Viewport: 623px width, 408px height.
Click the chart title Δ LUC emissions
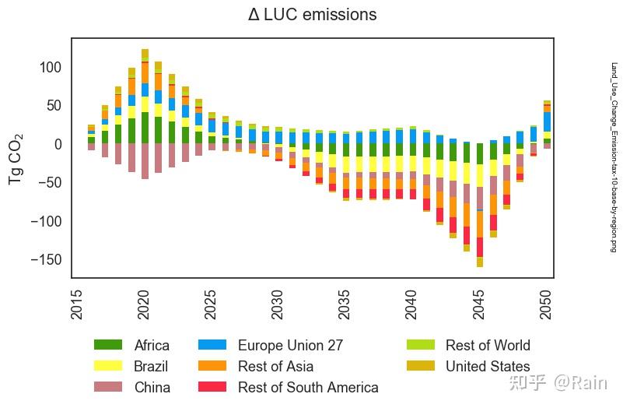pos(312,15)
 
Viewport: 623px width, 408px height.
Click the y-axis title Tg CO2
pos(16,158)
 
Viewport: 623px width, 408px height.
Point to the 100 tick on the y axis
pos(49,68)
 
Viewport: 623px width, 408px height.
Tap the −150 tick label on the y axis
pos(44,259)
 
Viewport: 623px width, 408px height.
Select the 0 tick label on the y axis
pos(57,144)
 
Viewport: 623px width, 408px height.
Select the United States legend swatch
pos(421,366)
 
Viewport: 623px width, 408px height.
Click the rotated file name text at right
pos(613,157)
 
